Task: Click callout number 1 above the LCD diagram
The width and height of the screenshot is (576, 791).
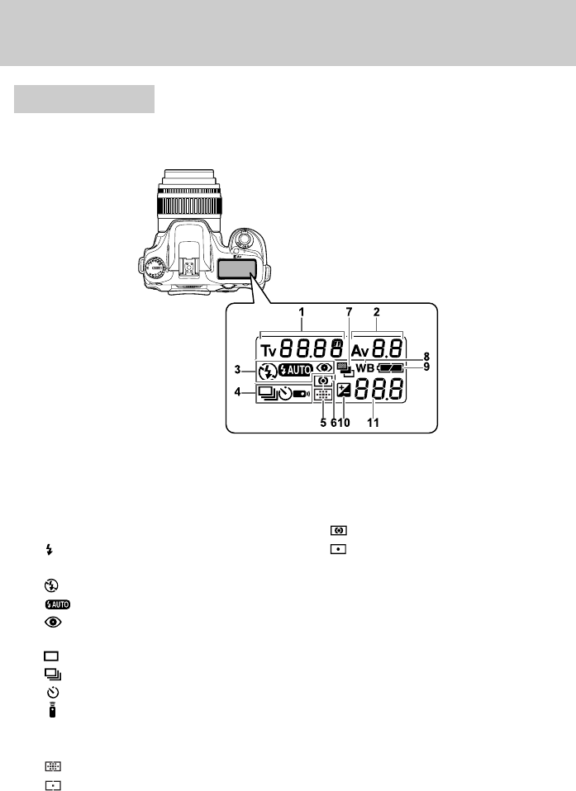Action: (x=302, y=312)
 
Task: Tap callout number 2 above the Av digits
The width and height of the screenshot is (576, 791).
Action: (x=377, y=312)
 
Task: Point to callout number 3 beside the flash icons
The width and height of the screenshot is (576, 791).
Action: (x=237, y=370)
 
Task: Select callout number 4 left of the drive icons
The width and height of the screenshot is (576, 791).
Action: (x=237, y=391)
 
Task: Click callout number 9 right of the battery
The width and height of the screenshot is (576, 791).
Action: (x=426, y=367)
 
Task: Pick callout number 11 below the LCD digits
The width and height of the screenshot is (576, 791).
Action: (x=373, y=423)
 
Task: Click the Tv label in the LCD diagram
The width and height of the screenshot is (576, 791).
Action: (x=269, y=349)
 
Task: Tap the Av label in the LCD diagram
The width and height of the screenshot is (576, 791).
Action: (x=360, y=349)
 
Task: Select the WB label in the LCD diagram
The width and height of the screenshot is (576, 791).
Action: (x=365, y=368)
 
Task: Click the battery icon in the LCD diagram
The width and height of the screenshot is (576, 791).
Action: (x=390, y=368)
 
